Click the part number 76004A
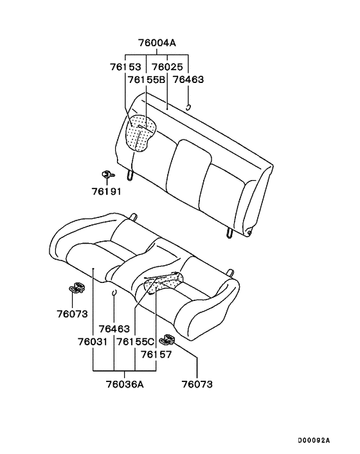point(157,44)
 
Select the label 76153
point(126,66)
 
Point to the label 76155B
point(146,79)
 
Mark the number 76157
point(156,354)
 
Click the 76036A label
point(125,385)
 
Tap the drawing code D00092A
point(313,440)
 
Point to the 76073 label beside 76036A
point(197,385)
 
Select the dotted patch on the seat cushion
point(165,282)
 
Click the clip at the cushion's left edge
point(78,287)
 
